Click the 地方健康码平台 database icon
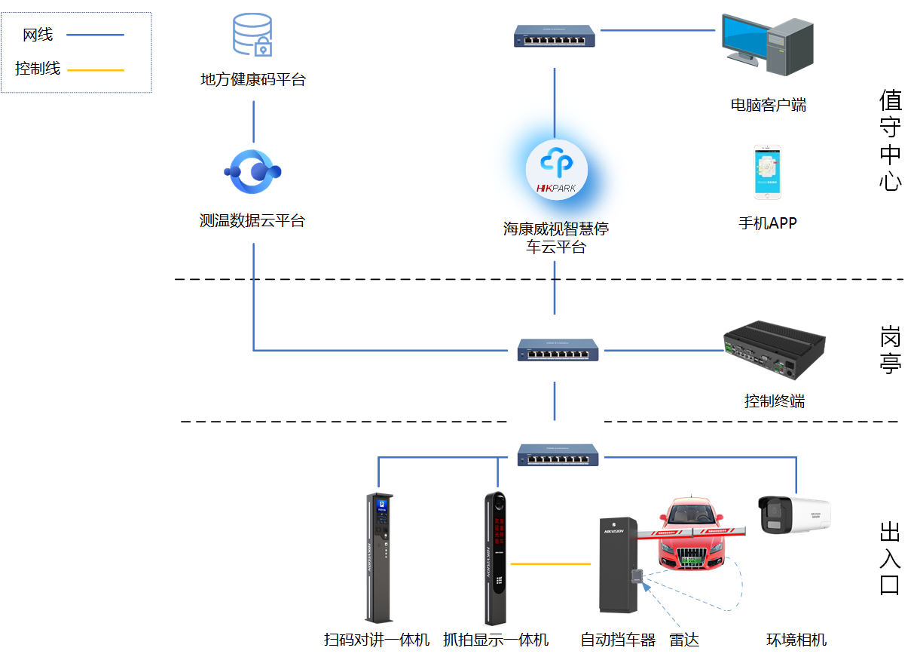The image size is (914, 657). [252, 35]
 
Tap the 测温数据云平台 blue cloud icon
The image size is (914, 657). [252, 172]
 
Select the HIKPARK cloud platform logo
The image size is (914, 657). [556, 170]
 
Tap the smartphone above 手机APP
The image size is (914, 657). [767, 173]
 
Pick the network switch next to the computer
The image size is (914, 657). [555, 35]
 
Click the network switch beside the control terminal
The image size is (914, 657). [558, 350]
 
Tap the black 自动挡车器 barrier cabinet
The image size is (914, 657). [618, 566]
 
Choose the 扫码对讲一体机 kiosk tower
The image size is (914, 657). [379, 558]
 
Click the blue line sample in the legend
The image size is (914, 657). [95, 35]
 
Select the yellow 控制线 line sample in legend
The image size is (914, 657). [95, 70]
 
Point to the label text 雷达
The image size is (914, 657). [684, 640]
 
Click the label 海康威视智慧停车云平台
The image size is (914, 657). [556, 238]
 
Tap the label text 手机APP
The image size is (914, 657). [767, 223]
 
